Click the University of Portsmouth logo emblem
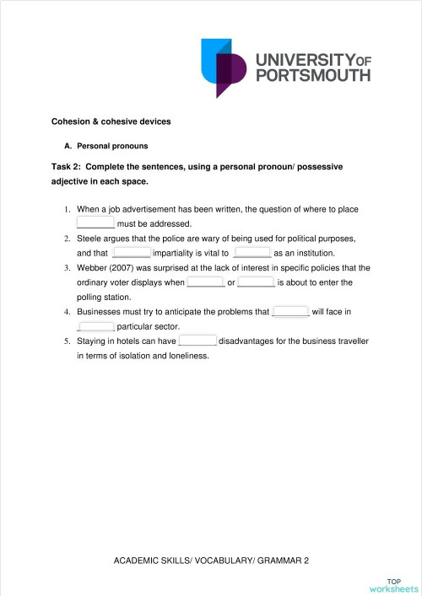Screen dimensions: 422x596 [x=225, y=67]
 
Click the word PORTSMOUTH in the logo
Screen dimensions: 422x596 [x=312, y=75]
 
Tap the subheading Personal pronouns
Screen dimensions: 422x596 [x=112, y=146]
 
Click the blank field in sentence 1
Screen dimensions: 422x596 [x=95, y=223]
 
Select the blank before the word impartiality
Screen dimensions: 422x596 [x=131, y=252]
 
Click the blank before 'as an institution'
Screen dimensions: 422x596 [x=252, y=252]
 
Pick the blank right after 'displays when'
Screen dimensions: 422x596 [x=205, y=282]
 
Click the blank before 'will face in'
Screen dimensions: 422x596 [x=291, y=311]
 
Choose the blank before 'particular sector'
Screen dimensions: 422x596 [x=95, y=326]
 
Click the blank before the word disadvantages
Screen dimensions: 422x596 [x=197, y=341]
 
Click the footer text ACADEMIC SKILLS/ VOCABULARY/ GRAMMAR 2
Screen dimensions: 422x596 [x=211, y=561]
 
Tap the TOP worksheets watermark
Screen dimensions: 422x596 [x=393, y=585]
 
